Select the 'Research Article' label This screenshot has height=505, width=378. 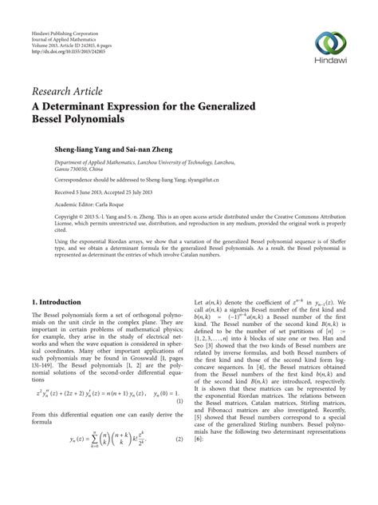(67, 92)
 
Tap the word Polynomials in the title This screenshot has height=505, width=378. (88, 120)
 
